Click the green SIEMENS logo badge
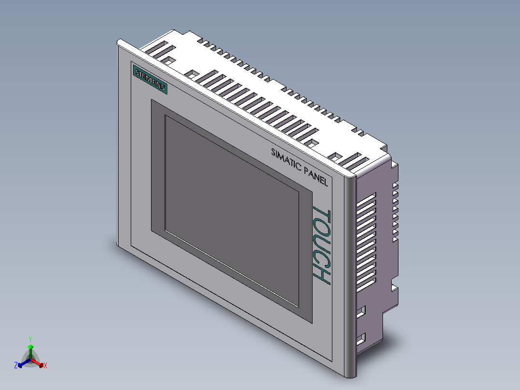[150, 80]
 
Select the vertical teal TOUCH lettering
[321, 245]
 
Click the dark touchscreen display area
[232, 211]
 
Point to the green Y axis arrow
[30, 351]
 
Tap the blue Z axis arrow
[24, 363]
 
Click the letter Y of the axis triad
[30, 340]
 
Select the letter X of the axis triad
[45, 365]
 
